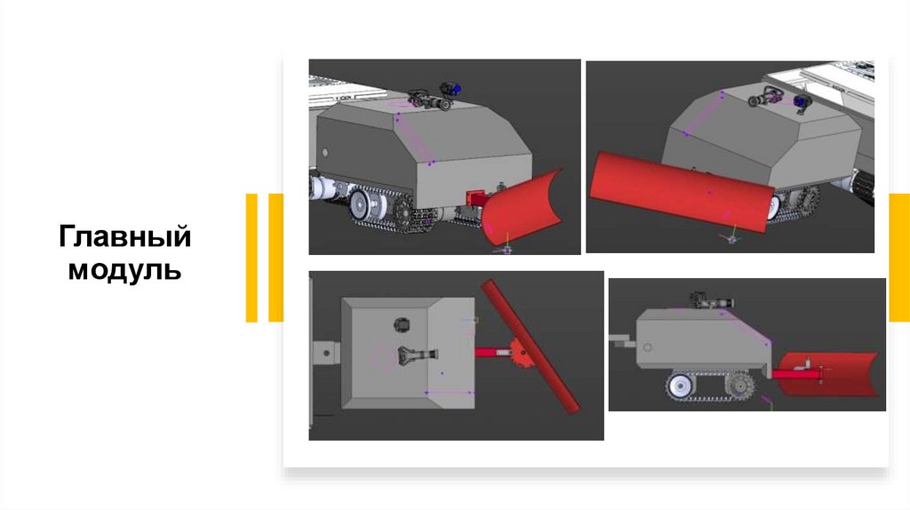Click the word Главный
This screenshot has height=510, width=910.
point(124,236)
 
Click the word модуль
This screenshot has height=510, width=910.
point(124,270)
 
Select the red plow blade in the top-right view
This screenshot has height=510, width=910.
point(682,190)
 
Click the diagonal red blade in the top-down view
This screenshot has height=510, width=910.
point(531,347)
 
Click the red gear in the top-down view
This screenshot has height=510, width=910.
point(520,354)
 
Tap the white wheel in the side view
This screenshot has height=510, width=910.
point(680,385)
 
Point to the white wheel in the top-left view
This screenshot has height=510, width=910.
point(362,205)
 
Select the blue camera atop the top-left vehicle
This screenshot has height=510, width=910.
point(451,90)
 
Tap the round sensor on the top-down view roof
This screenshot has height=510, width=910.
point(402,325)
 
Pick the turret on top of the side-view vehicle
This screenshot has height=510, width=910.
point(712,300)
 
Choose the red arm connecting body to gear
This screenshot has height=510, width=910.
point(493,352)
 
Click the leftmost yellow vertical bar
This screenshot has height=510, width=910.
point(251,258)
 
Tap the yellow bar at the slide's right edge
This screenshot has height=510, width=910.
point(899,258)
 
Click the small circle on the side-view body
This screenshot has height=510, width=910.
point(647,347)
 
